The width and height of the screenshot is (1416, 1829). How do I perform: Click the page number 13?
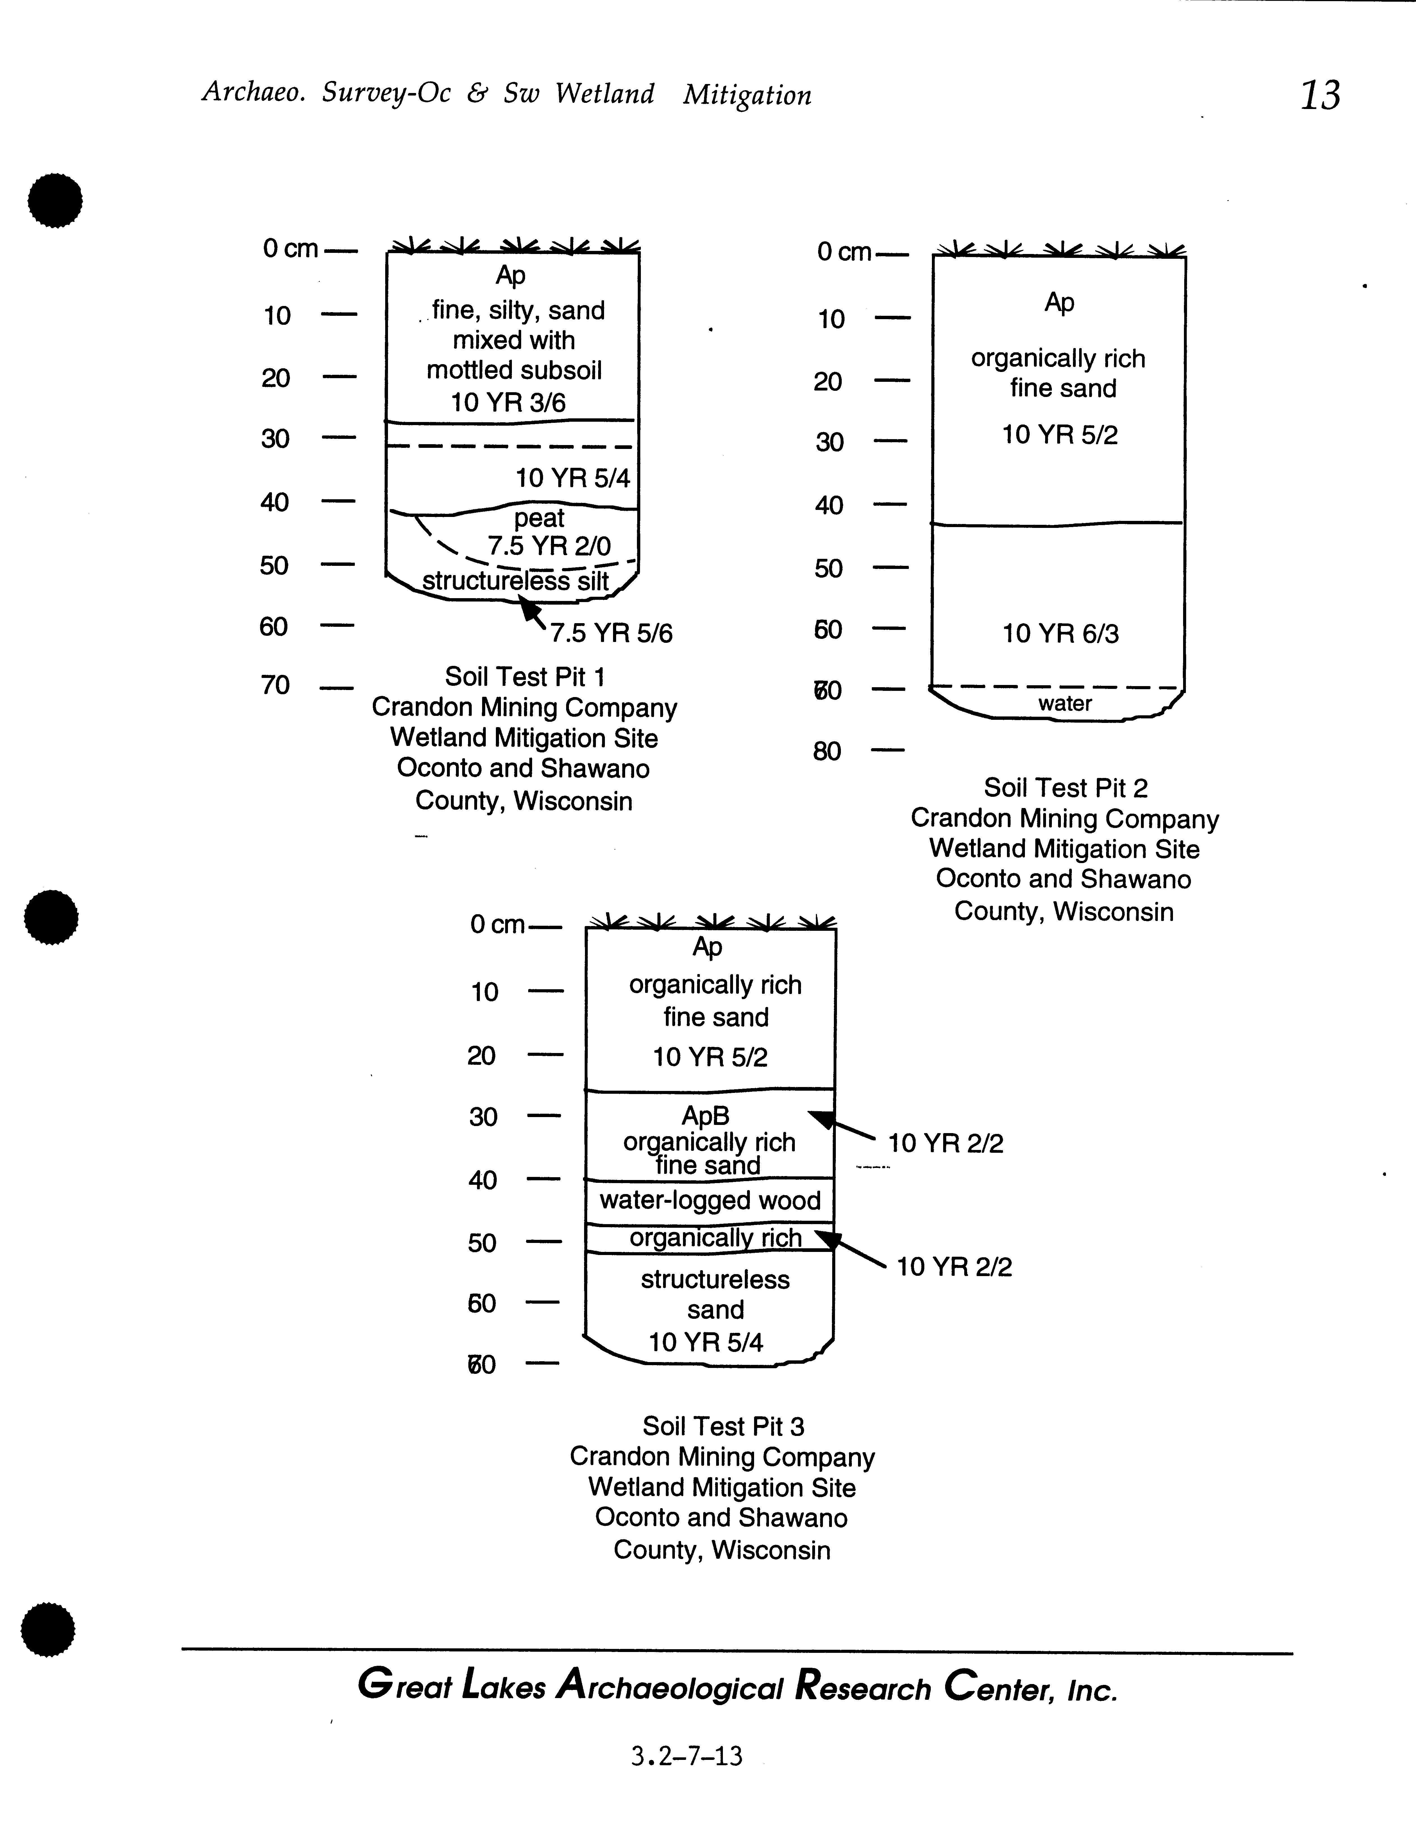[1320, 96]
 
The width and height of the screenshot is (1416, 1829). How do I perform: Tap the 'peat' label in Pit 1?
[539, 518]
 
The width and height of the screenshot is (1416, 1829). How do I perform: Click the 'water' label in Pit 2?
[1065, 704]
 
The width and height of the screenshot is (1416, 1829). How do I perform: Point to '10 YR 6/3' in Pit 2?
[1060, 634]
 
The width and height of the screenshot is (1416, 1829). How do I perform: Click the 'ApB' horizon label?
[705, 1115]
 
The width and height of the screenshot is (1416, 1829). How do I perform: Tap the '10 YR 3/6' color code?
[508, 403]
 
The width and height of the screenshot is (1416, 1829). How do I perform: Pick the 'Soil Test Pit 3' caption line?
[723, 1426]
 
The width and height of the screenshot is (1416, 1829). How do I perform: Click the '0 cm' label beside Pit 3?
[497, 925]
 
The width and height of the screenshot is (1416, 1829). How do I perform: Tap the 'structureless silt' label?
[515, 581]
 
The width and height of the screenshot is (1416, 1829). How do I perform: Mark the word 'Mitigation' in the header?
[747, 96]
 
